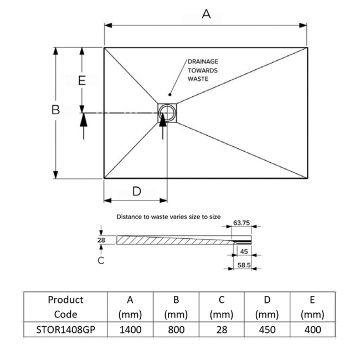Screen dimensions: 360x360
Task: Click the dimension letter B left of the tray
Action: point(55,110)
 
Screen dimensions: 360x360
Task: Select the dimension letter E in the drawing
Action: point(82,80)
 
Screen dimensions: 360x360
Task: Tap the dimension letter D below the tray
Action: point(136,192)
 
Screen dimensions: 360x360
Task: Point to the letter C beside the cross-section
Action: point(101,260)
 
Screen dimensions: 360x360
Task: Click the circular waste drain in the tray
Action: point(166,113)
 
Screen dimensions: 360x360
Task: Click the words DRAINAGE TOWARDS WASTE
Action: point(202,70)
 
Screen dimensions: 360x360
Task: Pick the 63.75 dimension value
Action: point(241,223)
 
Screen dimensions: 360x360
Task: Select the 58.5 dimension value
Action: point(244,266)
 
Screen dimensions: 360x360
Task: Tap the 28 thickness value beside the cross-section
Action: point(101,240)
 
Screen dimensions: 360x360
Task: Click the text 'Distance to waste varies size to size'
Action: point(168,217)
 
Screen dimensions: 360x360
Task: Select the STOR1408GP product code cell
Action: point(65,330)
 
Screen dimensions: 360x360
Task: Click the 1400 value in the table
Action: point(130,330)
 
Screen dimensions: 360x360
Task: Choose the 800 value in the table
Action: point(176,330)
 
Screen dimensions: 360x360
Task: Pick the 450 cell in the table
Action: point(266,330)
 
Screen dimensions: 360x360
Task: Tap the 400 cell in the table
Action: point(312,330)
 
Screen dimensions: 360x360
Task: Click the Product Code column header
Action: point(65,307)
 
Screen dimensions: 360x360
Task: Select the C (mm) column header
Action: point(221,307)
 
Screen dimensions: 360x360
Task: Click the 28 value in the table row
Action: point(221,330)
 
